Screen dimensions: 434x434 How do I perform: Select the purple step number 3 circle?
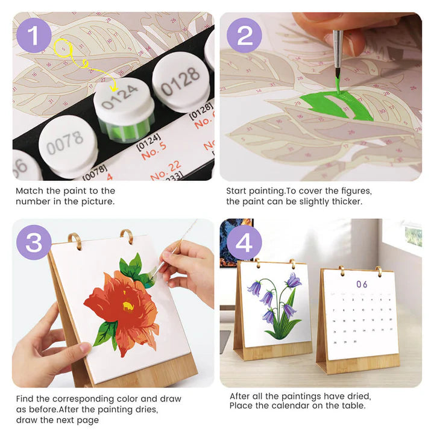(34, 242)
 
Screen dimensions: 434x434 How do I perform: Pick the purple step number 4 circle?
(244, 242)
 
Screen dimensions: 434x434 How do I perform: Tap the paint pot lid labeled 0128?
(180, 78)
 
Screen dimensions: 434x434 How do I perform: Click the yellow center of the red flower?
(128, 306)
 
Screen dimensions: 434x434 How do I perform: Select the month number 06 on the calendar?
(362, 284)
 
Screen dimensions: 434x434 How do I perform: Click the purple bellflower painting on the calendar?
(276, 304)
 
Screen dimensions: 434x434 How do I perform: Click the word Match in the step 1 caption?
(30, 191)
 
